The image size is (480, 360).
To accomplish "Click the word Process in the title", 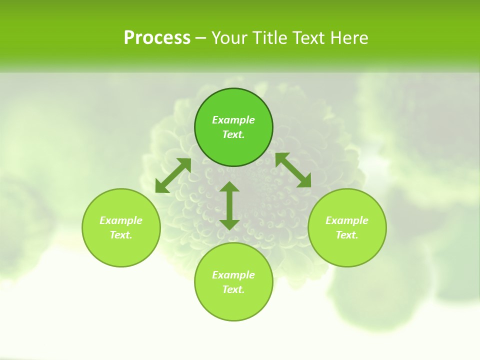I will click(x=157, y=38).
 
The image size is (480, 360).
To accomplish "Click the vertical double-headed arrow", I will click(x=229, y=205).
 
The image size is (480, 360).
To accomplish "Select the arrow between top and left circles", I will click(x=173, y=175).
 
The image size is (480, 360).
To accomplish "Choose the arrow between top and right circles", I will click(x=293, y=170).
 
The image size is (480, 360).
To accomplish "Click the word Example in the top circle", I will click(x=233, y=120).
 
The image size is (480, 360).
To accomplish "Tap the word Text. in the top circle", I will click(x=233, y=134).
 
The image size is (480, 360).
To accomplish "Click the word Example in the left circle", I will click(x=121, y=220).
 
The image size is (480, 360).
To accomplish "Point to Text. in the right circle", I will click(x=347, y=235).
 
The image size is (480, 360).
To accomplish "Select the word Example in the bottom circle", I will click(x=233, y=275).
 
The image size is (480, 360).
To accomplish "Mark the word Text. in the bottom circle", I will click(x=233, y=289).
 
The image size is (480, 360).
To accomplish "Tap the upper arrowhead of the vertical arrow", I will click(x=229, y=186).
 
